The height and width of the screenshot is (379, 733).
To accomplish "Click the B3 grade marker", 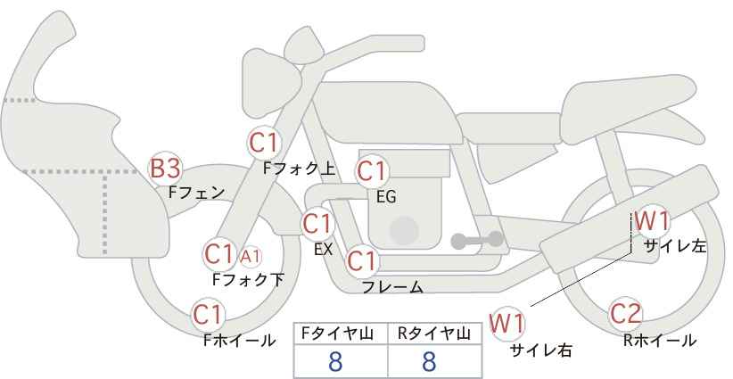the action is (165, 169).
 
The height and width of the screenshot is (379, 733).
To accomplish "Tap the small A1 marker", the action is (250, 256).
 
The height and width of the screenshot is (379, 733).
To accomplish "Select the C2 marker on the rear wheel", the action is (625, 314).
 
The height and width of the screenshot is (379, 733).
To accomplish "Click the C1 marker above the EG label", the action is (372, 171).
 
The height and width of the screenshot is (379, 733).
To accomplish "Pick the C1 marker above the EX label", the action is (317, 225).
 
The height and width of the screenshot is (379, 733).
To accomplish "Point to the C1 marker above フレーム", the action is (362, 261).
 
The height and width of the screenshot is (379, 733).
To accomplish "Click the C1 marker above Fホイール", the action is (209, 315).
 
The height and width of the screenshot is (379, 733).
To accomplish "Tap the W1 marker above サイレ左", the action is (652, 221).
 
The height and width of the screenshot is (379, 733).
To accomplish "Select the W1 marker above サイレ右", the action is (507, 324).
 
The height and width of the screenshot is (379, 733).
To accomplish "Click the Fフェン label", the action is (196, 193).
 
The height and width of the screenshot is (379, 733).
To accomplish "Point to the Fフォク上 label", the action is (300, 169).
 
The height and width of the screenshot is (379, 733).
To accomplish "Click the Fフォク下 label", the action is (248, 279).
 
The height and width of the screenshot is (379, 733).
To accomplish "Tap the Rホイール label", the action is (660, 341).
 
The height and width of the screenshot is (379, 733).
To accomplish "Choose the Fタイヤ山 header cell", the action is (341, 334).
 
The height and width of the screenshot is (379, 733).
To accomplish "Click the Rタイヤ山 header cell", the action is (435, 334).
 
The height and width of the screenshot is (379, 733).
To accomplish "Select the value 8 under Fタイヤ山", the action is (335, 361).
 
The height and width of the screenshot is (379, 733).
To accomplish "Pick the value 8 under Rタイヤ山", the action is (429, 361).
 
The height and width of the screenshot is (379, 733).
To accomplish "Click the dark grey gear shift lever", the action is (477, 240).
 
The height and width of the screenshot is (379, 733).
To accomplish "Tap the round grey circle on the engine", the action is (404, 230).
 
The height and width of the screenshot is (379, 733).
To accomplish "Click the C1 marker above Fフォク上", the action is (264, 143).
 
